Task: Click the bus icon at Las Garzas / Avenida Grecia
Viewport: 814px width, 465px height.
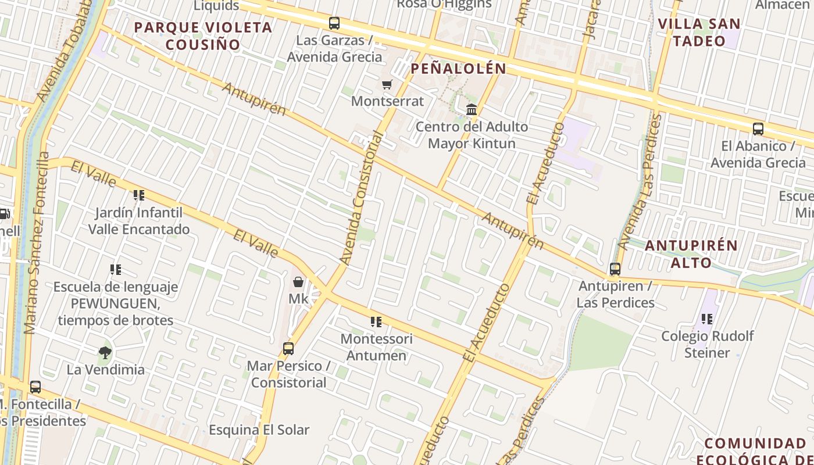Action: pyautogui.click(x=334, y=23)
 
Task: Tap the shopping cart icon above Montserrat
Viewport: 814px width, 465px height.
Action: pyautogui.click(x=387, y=85)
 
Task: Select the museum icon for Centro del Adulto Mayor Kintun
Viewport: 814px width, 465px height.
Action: pyautogui.click(x=472, y=109)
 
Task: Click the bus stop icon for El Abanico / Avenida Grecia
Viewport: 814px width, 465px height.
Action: pyautogui.click(x=758, y=129)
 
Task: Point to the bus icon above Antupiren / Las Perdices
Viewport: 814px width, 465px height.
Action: pyautogui.click(x=615, y=269)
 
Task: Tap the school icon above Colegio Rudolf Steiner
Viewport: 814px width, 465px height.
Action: pyautogui.click(x=707, y=319)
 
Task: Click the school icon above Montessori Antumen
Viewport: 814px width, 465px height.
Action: pyautogui.click(x=376, y=321)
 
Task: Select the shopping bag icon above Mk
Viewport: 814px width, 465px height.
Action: pyautogui.click(x=298, y=282)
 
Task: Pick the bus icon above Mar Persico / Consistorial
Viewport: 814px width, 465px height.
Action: pyautogui.click(x=288, y=349)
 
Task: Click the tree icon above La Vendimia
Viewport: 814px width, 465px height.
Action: pyautogui.click(x=105, y=352)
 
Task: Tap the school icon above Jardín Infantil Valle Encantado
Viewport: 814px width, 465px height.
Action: pyautogui.click(x=138, y=195)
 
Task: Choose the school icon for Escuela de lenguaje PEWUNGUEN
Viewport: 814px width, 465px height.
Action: pyautogui.click(x=116, y=270)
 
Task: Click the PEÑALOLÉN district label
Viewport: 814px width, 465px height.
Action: pyautogui.click(x=459, y=69)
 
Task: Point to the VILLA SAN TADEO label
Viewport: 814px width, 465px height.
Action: pyautogui.click(x=699, y=33)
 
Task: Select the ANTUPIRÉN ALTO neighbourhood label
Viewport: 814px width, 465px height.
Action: pyautogui.click(x=691, y=254)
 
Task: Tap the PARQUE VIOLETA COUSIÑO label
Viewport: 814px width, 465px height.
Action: pyautogui.click(x=203, y=36)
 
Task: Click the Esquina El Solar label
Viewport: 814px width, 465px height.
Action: pyautogui.click(x=259, y=430)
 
